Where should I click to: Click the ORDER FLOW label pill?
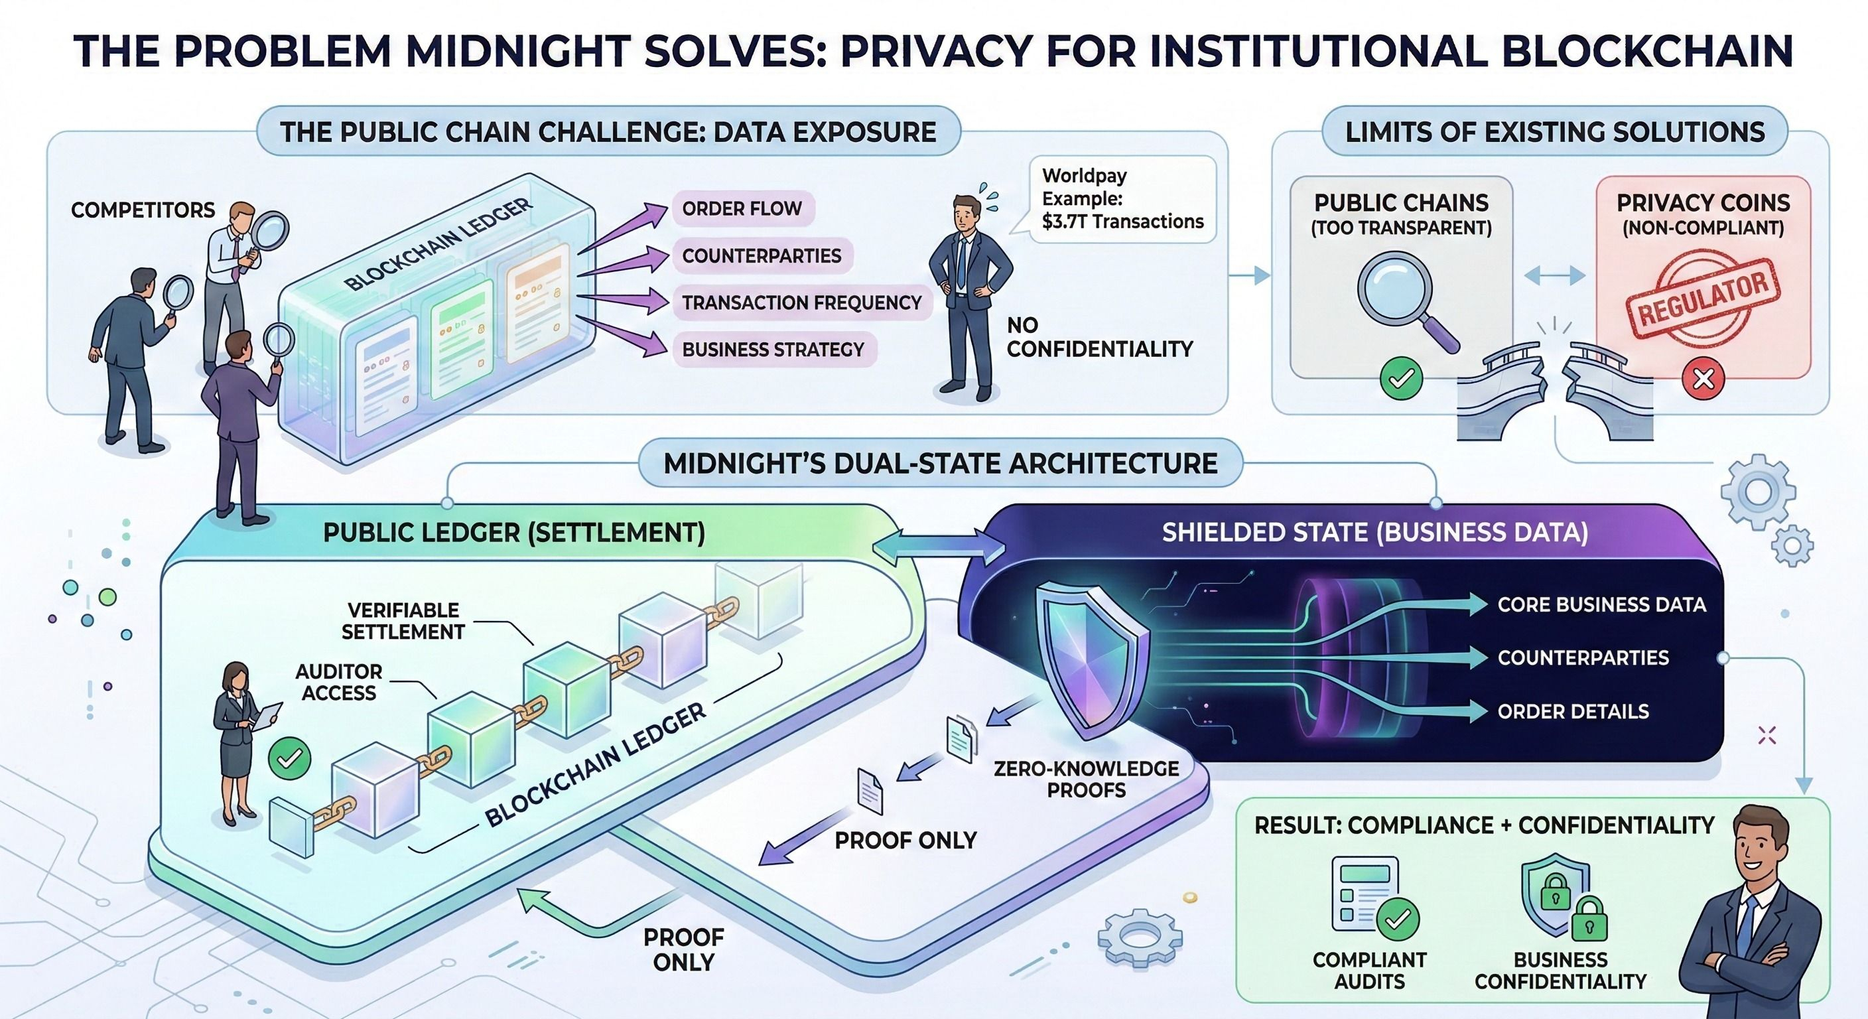[741, 209]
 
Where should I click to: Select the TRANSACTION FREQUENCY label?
[801, 303]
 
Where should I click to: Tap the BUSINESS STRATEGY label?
[772, 350]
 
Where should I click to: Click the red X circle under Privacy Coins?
[1703, 379]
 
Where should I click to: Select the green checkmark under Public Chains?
[1401, 379]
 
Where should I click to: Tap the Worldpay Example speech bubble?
[1122, 199]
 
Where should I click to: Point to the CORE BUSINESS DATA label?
[1601, 605]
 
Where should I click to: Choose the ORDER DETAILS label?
[1573, 711]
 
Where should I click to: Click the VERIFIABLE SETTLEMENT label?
[403, 621]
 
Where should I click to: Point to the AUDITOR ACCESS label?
[339, 683]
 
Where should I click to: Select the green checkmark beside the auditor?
[289, 759]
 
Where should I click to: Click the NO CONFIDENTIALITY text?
[1099, 338]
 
